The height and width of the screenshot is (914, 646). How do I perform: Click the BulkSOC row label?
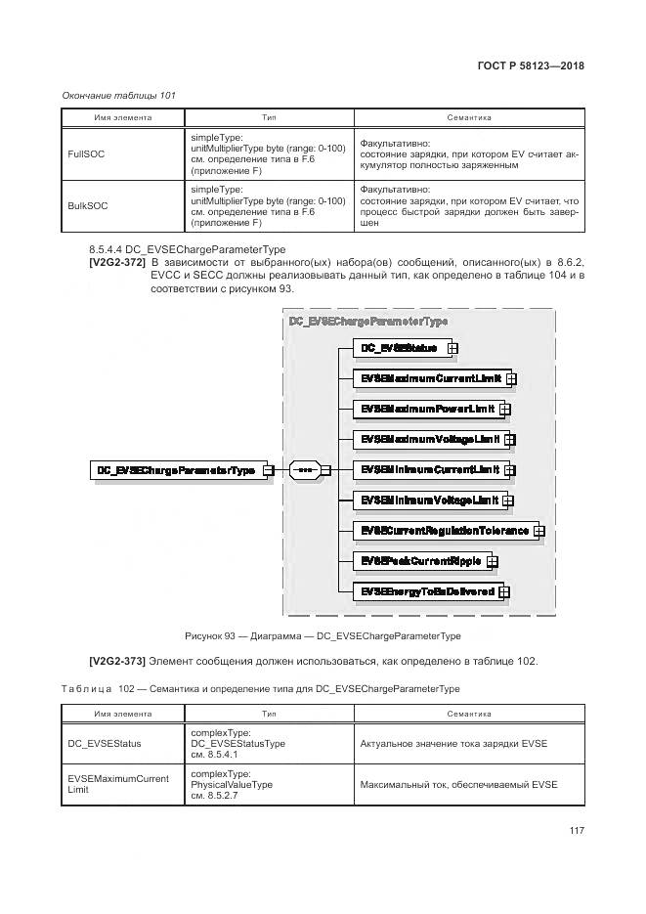[86, 206]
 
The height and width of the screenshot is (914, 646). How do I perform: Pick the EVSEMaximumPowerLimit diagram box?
[424, 409]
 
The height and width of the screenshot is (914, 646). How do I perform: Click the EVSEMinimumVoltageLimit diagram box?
[428, 500]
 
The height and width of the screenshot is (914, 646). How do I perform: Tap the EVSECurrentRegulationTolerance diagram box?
[443, 531]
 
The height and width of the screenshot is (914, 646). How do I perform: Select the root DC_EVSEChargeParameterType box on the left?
[175, 470]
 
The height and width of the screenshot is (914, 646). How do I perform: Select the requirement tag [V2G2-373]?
[116, 661]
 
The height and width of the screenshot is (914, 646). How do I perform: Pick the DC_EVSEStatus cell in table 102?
[104, 743]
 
